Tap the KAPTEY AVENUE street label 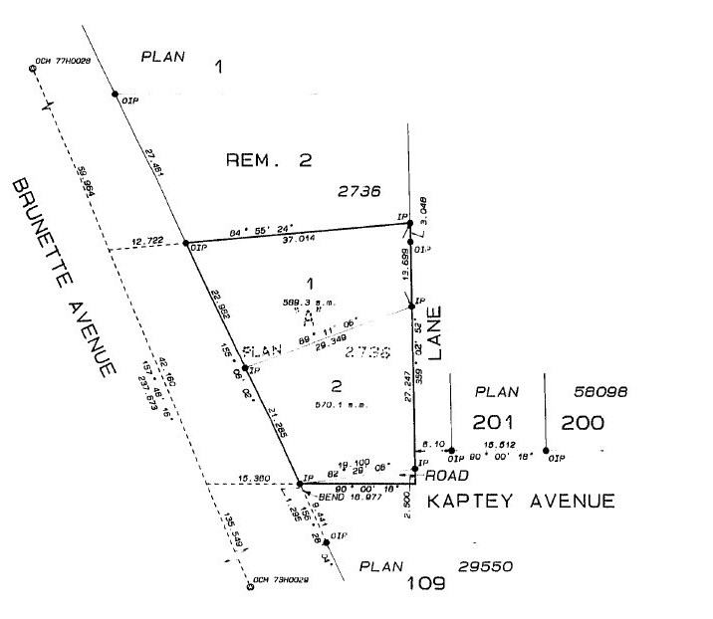pyautogui.click(x=521, y=501)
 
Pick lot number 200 pyautogui.click(x=582, y=422)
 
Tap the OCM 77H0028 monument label pyautogui.click(x=62, y=62)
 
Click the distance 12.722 pyautogui.click(x=148, y=242)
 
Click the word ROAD pyautogui.click(x=440, y=477)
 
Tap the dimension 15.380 pyautogui.click(x=255, y=479)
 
